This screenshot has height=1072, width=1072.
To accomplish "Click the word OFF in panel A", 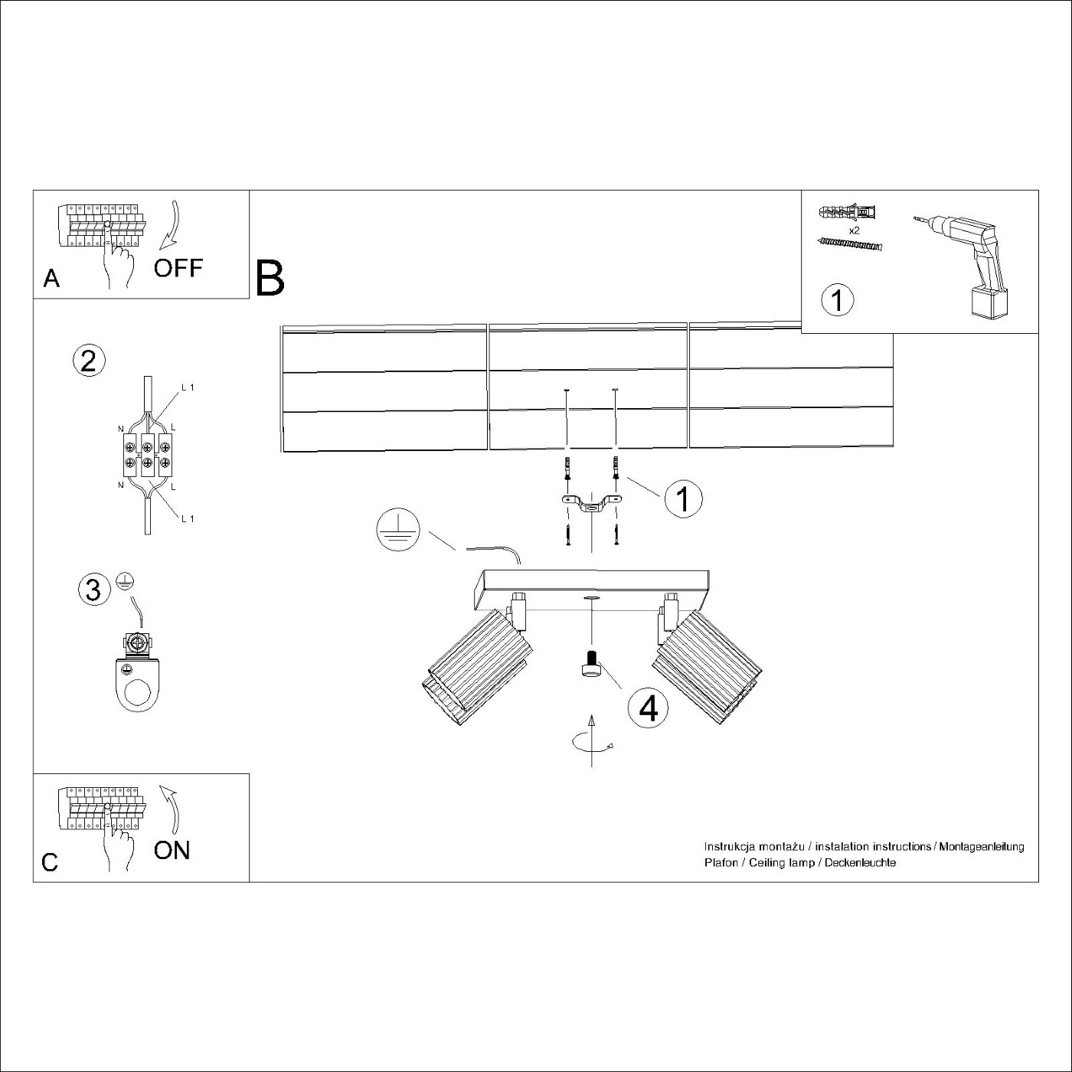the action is click(178, 268).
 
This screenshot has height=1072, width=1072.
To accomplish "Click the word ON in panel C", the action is click(172, 850).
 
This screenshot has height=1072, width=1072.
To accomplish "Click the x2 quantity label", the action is click(854, 230).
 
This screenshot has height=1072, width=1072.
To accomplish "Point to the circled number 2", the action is click(89, 361).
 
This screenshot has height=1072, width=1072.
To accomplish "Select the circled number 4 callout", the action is click(648, 709).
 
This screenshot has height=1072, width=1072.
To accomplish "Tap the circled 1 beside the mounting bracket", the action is click(684, 498).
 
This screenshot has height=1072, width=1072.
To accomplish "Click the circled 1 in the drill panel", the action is click(838, 300).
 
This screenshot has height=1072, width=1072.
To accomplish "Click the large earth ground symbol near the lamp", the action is click(398, 530).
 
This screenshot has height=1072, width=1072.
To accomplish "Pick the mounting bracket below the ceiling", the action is click(591, 502).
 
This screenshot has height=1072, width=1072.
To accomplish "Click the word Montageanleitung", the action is click(982, 847).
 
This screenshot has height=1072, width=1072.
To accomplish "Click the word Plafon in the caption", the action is click(721, 863).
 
